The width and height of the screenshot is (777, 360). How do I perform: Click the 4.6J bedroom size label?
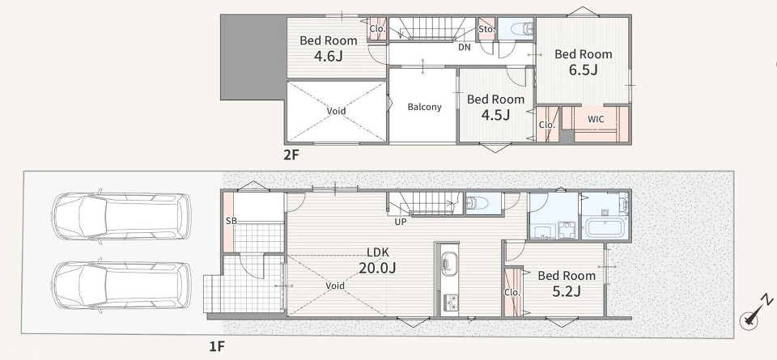(328, 56)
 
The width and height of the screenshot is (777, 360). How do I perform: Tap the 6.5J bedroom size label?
(584, 70)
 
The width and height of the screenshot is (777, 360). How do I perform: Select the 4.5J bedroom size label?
(496, 115)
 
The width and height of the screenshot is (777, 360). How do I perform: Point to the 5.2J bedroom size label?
(567, 291)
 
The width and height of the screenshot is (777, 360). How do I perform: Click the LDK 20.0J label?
(378, 260)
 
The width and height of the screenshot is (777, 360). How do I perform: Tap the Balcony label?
(424, 107)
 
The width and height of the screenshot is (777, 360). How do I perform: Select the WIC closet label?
(596, 120)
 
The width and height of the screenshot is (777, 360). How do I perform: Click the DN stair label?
(465, 48)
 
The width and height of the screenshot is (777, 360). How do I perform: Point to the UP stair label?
(401, 222)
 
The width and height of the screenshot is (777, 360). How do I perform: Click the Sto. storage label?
(486, 29)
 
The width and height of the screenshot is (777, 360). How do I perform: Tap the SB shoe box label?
(231, 221)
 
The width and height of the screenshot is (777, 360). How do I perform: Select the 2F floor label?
(291, 155)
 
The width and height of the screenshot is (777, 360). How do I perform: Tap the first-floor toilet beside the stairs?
(478, 203)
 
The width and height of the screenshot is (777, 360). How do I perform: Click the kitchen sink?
(448, 265)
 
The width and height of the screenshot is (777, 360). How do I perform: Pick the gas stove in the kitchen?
(451, 302)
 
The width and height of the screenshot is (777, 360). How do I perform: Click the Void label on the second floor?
(336, 111)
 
